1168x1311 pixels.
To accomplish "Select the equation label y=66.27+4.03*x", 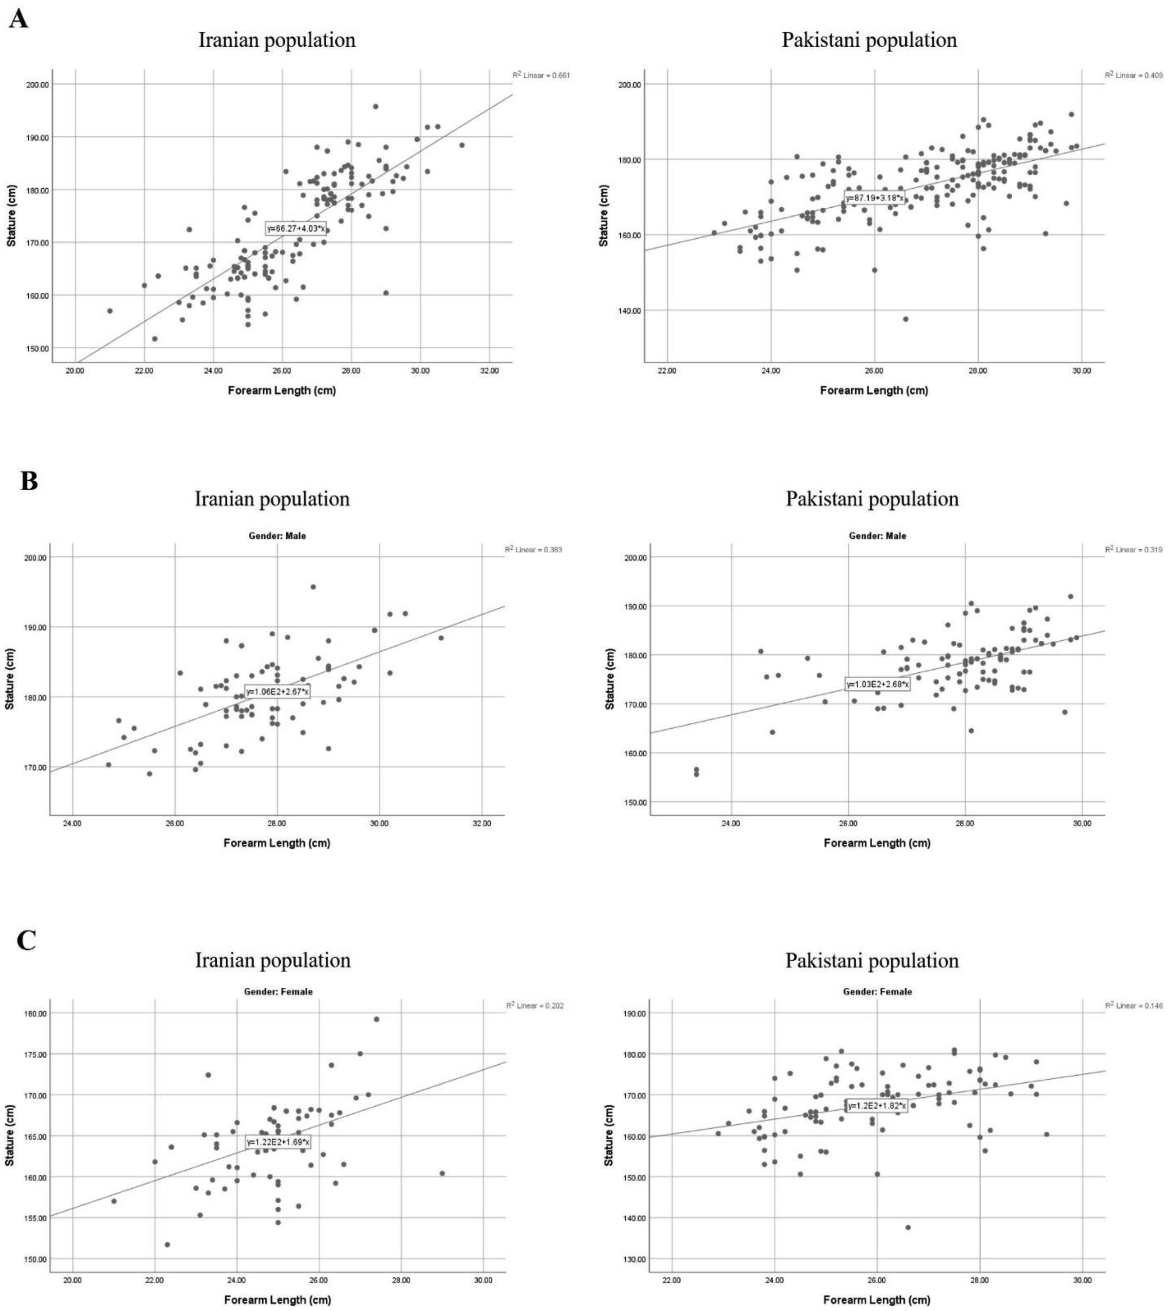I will (x=296, y=228).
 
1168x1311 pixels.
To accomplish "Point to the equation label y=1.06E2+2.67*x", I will (x=277, y=691).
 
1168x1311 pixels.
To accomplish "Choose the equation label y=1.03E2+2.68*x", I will (x=877, y=684).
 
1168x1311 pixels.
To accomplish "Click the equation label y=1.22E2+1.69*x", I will (x=278, y=1142).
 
